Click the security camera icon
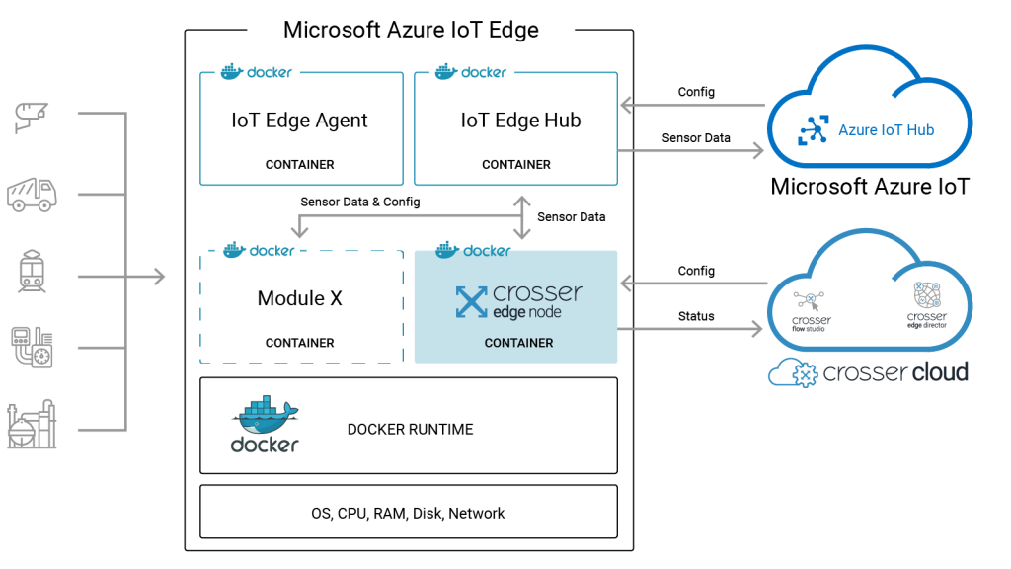pyautogui.click(x=32, y=117)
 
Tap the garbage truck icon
pyautogui.click(x=32, y=194)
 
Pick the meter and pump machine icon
pyautogui.click(x=32, y=347)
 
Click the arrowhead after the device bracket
pyautogui.click(x=158, y=277)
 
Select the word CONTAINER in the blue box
pyautogui.click(x=518, y=344)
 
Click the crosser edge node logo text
pyautogui.click(x=519, y=300)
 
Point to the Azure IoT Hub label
pyautogui.click(x=886, y=130)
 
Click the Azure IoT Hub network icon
pyautogui.click(x=815, y=130)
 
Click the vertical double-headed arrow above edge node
pyautogui.click(x=522, y=216)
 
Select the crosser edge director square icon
pyautogui.click(x=926, y=294)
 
